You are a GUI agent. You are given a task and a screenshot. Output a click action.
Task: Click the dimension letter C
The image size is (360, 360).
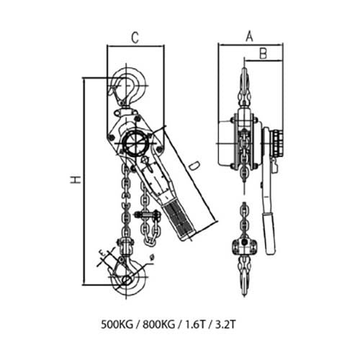[x=134, y=37]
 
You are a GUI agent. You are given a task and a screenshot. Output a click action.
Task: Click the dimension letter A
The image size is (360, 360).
[x=249, y=35]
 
